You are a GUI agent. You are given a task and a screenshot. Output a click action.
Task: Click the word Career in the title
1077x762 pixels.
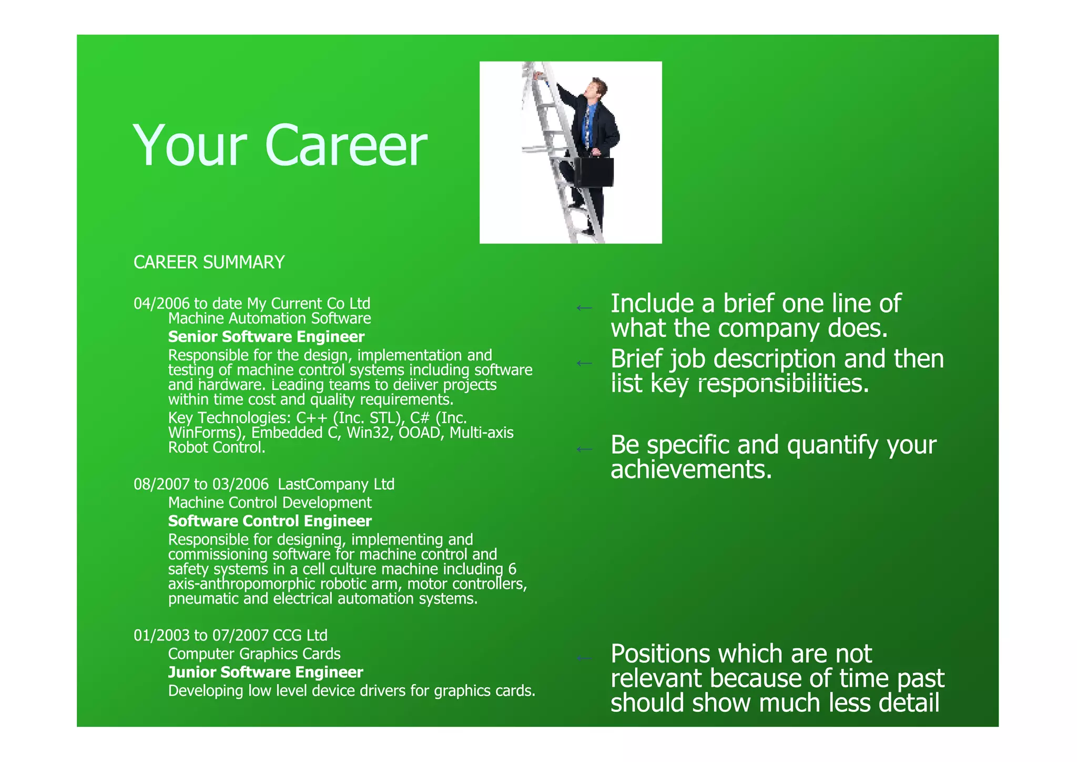(347, 146)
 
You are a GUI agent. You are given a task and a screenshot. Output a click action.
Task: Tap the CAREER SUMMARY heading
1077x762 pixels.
(209, 262)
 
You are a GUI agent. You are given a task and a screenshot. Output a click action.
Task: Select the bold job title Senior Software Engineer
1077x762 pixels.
(266, 337)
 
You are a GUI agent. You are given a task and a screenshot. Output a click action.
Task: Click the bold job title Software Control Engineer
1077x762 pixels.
(270, 521)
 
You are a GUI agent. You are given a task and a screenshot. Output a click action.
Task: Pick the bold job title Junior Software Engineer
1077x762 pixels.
(266, 672)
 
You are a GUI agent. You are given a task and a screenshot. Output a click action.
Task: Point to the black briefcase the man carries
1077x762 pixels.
(594, 171)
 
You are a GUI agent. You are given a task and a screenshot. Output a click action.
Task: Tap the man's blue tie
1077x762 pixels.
(588, 126)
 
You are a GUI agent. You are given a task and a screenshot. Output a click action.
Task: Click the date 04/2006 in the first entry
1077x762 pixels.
(161, 304)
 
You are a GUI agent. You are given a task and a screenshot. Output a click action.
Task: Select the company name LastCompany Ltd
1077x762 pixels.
(336, 484)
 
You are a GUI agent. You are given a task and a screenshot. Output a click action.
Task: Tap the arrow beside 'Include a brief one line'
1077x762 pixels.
(584, 308)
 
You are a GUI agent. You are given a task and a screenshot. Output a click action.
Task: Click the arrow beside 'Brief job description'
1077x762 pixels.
(584, 363)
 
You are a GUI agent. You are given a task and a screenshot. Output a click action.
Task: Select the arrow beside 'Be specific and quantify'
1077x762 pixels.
(584, 449)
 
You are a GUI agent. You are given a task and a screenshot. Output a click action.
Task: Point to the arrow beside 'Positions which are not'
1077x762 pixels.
(584, 658)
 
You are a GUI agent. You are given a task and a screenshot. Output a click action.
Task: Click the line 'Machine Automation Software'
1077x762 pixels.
(269, 318)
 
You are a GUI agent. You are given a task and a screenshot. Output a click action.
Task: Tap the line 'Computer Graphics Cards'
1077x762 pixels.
(254, 654)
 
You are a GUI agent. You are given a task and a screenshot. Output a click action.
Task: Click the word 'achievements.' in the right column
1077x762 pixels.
(691, 469)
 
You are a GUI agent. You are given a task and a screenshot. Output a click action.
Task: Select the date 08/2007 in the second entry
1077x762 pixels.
(161, 484)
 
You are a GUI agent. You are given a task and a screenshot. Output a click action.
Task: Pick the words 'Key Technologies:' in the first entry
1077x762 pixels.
(230, 418)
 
